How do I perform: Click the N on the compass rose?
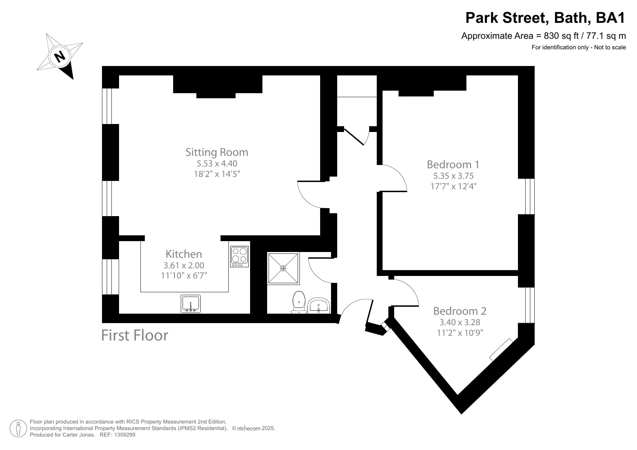(x=60, y=56)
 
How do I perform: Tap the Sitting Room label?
(x=217, y=152)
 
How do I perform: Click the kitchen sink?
(x=191, y=304)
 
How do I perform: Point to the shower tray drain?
(x=283, y=268)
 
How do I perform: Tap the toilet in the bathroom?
(x=299, y=302)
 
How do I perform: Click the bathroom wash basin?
(x=319, y=305)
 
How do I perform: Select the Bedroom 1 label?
(x=453, y=164)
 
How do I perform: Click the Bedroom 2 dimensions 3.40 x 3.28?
(x=460, y=322)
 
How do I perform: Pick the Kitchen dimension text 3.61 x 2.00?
(x=184, y=265)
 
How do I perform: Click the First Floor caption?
(x=135, y=335)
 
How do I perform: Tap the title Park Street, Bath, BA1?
(x=545, y=18)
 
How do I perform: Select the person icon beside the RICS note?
(x=18, y=429)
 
